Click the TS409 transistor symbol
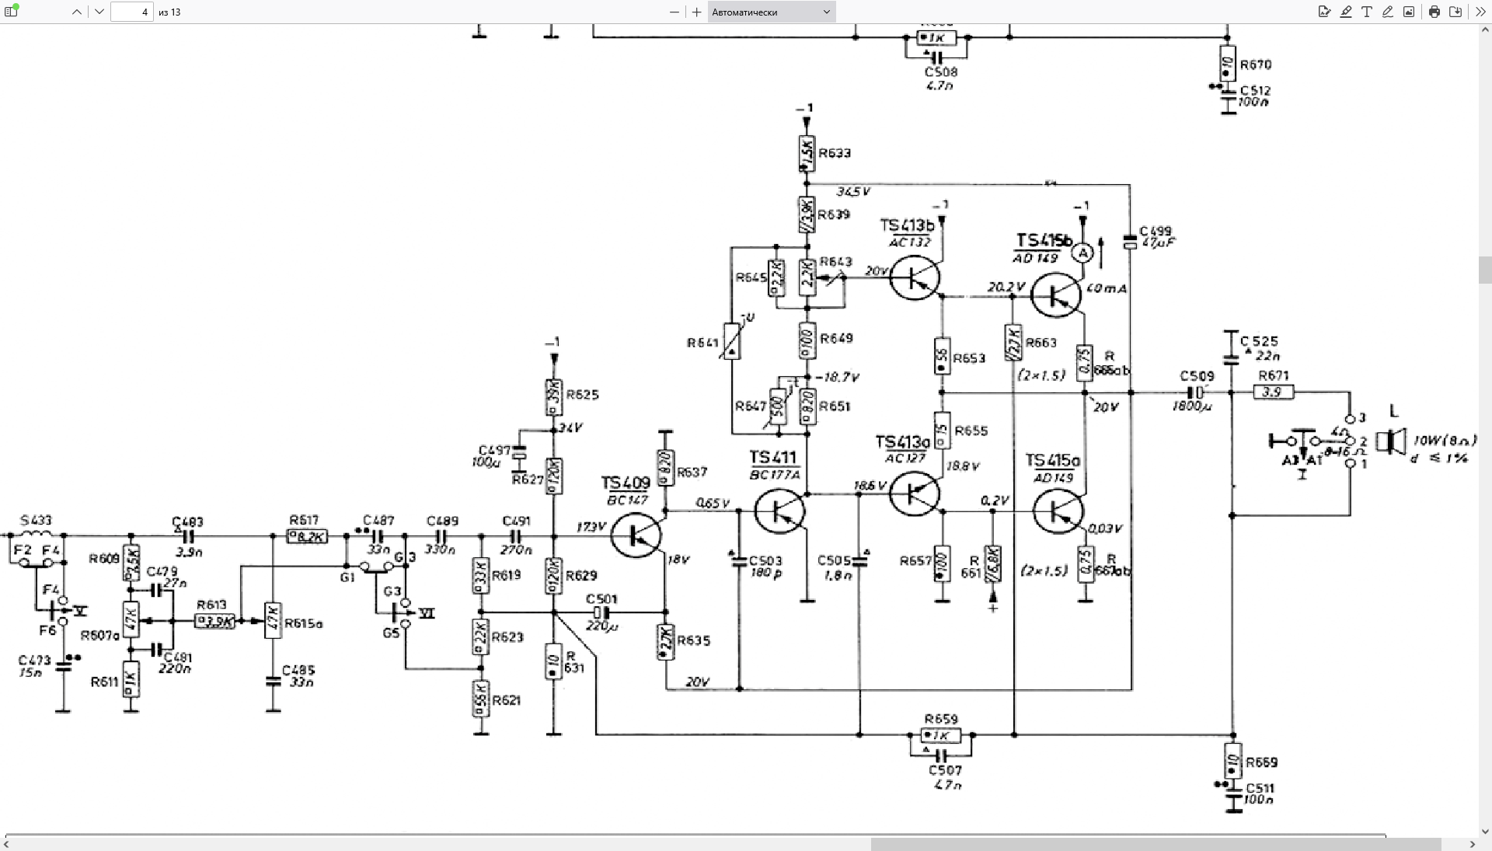point(636,535)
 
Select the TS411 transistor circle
point(779,511)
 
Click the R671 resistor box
point(1274,392)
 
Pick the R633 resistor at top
point(807,154)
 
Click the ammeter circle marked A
point(1082,253)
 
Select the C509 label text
point(1197,376)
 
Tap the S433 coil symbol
point(36,535)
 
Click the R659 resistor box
point(940,735)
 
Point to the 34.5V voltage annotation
point(852,191)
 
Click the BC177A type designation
point(774,475)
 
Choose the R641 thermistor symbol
point(731,341)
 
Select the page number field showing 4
point(132,12)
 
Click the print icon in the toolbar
point(1434,12)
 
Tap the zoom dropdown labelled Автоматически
point(772,12)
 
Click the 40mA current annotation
point(1107,288)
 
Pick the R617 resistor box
point(308,536)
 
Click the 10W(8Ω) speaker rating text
point(1445,440)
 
